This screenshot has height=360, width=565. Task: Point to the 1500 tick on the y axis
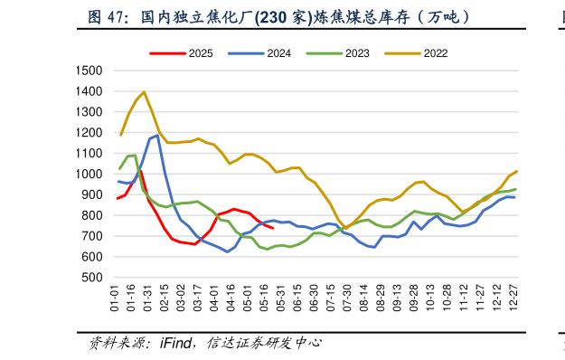click(x=89, y=71)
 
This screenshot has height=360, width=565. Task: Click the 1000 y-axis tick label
click(x=89, y=174)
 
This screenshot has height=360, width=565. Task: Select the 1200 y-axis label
click(x=89, y=133)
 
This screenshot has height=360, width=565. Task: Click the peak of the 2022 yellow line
click(x=144, y=92)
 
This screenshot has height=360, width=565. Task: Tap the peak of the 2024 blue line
click(x=158, y=136)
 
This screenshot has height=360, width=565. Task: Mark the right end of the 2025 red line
click(x=273, y=228)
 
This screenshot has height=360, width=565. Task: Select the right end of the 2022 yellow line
click(x=516, y=170)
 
